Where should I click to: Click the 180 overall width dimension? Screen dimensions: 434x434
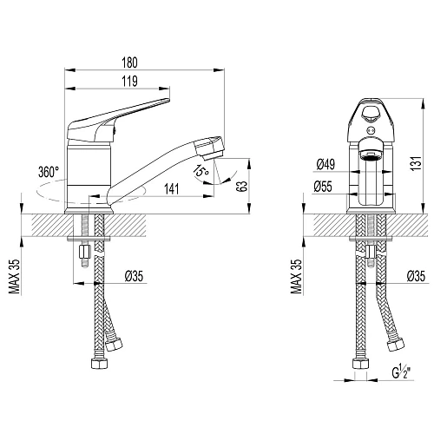[129, 62]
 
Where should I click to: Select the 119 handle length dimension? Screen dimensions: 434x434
[129, 82]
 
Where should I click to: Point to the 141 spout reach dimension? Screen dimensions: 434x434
[172, 189]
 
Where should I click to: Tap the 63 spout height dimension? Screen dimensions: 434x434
[242, 187]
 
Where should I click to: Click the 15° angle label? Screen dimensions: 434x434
[201, 171]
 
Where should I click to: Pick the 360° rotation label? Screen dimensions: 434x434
[49, 172]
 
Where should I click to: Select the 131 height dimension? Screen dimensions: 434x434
[417, 163]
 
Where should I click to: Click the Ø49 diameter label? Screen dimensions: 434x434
[325, 164]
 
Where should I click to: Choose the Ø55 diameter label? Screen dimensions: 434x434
[323, 187]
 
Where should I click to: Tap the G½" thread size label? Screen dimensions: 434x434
[402, 372]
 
